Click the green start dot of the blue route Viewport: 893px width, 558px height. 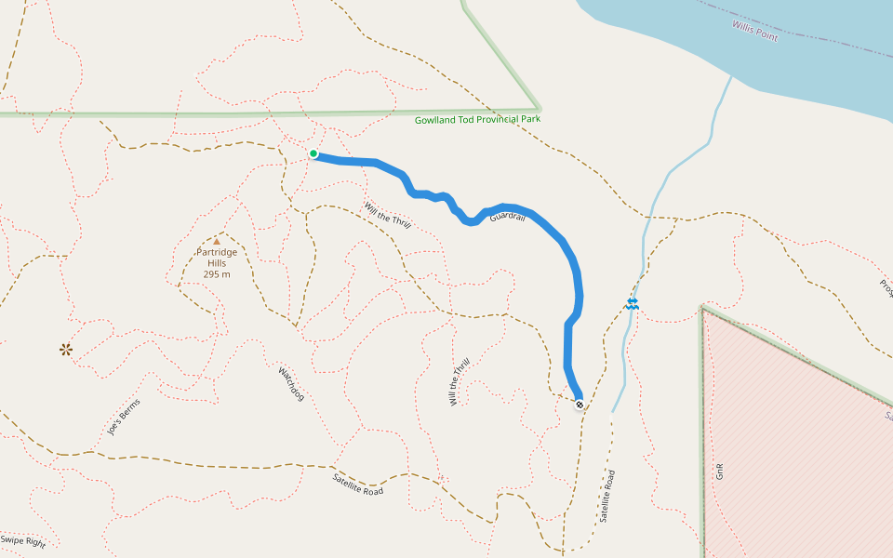[313, 153]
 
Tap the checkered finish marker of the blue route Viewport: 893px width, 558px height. [580, 405]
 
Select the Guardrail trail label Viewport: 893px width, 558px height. [507, 217]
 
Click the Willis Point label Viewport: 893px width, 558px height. [754, 29]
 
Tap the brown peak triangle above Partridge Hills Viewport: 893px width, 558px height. [217, 241]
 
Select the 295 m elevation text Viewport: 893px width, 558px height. [217, 274]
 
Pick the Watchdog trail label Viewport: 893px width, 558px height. [291, 383]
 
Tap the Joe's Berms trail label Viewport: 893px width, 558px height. [123, 417]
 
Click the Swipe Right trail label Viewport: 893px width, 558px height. [23, 540]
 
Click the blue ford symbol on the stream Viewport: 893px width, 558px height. [633, 303]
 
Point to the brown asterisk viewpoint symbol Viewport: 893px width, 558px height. [66, 350]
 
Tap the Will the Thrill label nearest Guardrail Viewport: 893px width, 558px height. [387, 216]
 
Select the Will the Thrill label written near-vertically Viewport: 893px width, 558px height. [460, 381]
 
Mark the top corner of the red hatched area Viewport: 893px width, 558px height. [703, 308]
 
